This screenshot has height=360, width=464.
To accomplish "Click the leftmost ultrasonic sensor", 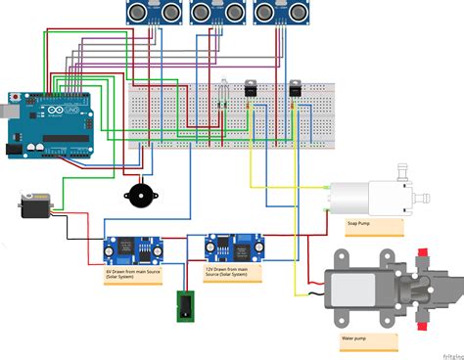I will point(155,12).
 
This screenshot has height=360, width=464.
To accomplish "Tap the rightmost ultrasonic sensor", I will point(279,12).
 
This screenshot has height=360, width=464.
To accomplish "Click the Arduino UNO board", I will point(49,124).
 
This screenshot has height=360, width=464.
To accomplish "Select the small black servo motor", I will point(34,207).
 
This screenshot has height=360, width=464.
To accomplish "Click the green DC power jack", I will point(183,306).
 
